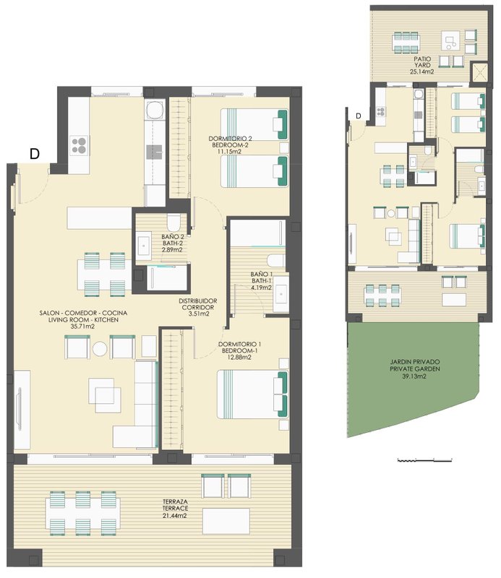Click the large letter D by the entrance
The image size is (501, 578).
point(34,153)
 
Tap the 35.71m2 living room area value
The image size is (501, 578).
point(82,327)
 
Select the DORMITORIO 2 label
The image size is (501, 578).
point(230,139)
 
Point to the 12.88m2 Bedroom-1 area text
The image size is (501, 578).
point(239,357)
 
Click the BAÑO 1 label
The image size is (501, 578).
point(261,275)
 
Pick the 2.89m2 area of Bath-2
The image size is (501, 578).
point(172,249)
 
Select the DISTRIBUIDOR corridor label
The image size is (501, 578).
point(198,301)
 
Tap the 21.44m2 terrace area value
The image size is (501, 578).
point(174,515)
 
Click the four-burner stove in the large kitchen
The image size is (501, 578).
point(80,145)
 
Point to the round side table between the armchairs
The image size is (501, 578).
point(100,349)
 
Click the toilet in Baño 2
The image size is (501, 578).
point(173,223)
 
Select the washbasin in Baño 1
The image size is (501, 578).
point(281,294)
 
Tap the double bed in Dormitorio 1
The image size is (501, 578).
point(253,394)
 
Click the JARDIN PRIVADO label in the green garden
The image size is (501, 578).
point(415,362)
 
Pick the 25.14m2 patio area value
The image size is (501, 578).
point(422,72)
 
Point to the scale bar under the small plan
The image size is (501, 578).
point(424,460)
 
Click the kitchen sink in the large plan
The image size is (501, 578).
point(154,152)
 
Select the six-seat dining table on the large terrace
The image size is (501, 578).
point(82,514)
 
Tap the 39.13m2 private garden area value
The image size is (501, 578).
point(415,376)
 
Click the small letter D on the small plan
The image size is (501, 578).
point(359,116)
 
